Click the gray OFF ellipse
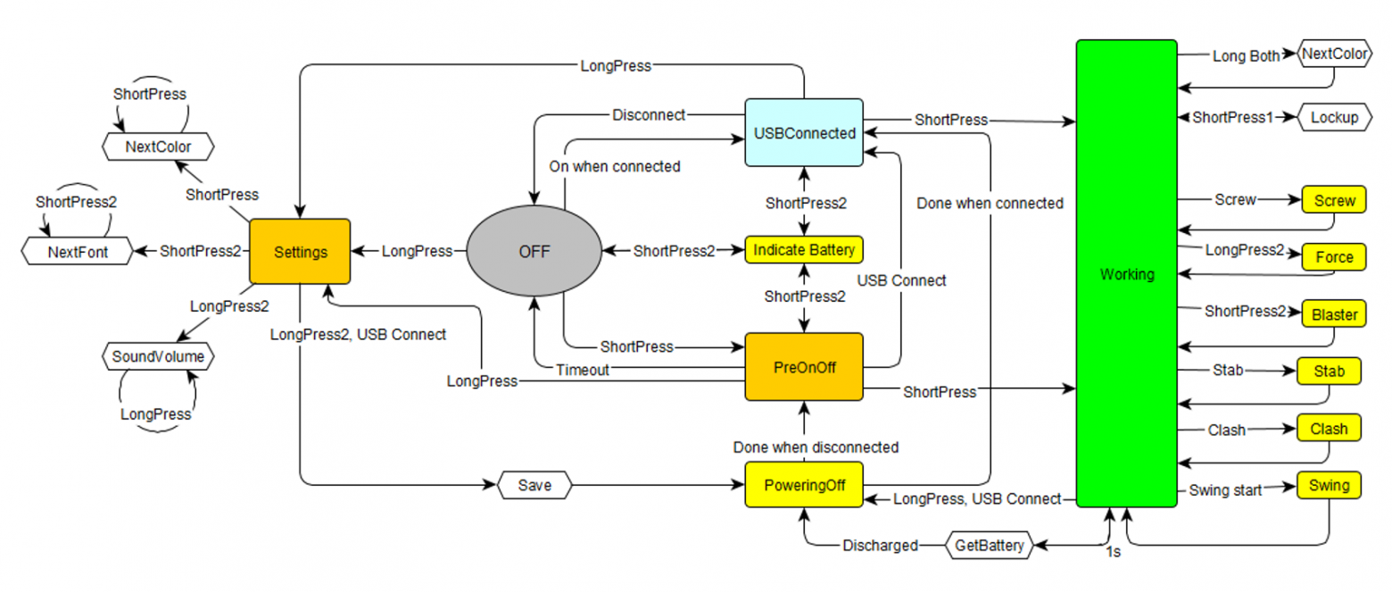[x=534, y=252]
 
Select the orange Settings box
[x=299, y=252]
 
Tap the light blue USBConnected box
[x=804, y=132]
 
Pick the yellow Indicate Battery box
[x=804, y=250]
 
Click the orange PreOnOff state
[x=804, y=367]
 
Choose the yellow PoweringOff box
[x=804, y=485]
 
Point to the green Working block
[x=1126, y=273]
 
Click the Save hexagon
[x=534, y=486]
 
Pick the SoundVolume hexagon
[x=157, y=357]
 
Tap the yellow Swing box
[x=1329, y=486]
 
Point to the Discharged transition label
[x=880, y=545]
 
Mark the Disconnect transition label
[x=649, y=115]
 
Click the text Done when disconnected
[x=815, y=446]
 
